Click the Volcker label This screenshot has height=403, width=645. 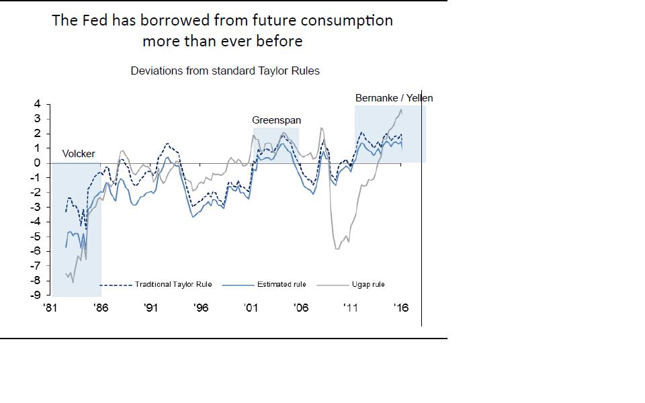coord(79,154)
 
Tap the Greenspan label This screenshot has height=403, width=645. coord(276,120)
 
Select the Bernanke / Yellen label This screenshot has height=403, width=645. coord(394,98)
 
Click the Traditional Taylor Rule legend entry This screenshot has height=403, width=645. coord(173,285)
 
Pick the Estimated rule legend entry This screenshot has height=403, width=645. coord(281,285)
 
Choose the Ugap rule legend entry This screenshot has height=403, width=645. coord(368,285)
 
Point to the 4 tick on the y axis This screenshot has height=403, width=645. coord(37,104)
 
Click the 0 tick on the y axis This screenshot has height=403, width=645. coord(37,163)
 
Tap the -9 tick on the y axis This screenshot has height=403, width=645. coord(35,295)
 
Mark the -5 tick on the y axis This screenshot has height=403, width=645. coord(35,236)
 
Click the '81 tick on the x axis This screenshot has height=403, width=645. coord(50,308)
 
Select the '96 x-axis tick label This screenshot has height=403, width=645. coord(200,308)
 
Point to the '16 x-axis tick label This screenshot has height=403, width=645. coord(401,308)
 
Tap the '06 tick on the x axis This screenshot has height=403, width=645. coord(300,308)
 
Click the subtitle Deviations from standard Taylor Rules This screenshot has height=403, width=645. coord(225,71)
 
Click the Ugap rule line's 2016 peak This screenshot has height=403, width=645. coord(401,109)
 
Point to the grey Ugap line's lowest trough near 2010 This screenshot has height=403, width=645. coord(337,249)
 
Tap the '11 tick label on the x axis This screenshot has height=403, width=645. coord(351,308)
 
